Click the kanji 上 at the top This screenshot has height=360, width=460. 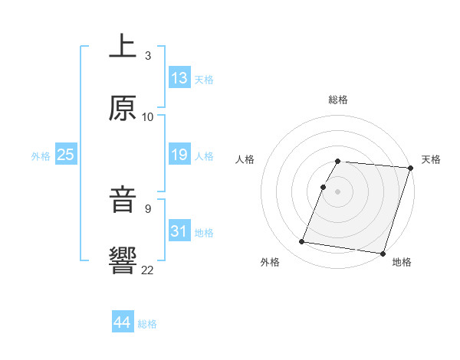[x=123, y=47]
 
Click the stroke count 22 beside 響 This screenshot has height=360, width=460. [x=147, y=269]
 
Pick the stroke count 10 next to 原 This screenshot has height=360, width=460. [x=147, y=117]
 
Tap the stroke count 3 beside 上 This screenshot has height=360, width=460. [x=147, y=56]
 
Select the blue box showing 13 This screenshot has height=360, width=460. [x=179, y=79]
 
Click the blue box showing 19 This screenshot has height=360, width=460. [x=179, y=155]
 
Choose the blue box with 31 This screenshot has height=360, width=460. [x=179, y=231]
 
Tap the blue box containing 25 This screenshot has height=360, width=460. [x=65, y=155]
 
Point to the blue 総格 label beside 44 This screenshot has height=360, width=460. [x=147, y=324]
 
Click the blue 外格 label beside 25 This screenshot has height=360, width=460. [x=41, y=156]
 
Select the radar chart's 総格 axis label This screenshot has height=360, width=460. [x=337, y=100]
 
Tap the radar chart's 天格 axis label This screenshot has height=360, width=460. [x=431, y=159]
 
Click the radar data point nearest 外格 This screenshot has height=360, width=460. [x=302, y=242]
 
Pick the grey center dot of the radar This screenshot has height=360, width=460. [x=337, y=191]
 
